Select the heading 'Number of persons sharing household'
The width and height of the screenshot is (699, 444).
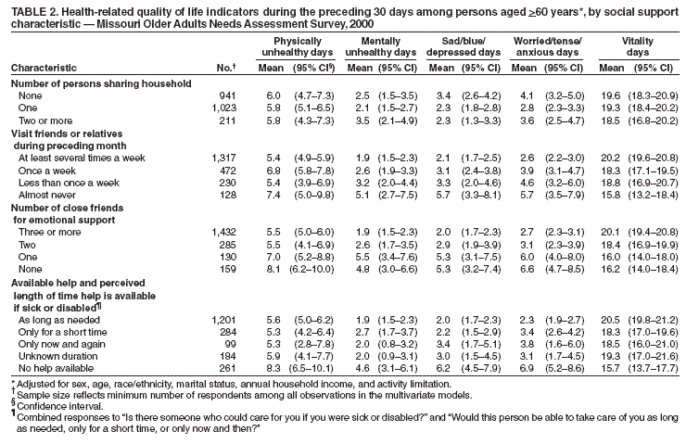pos(100,83)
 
